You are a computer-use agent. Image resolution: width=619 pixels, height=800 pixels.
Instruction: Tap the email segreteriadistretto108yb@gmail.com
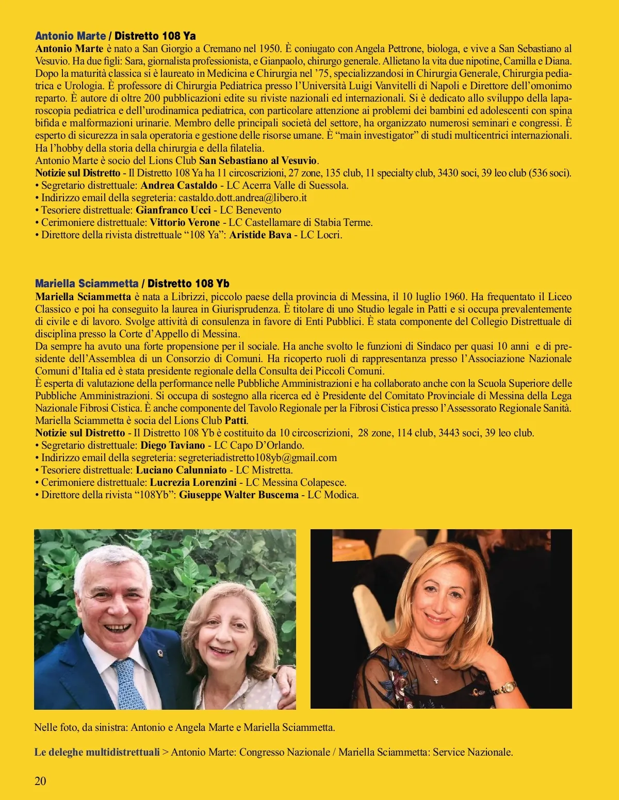[257, 458]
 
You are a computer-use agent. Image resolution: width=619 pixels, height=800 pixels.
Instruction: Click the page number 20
[40, 781]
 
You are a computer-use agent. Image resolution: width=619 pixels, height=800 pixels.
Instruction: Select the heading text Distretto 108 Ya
[155, 36]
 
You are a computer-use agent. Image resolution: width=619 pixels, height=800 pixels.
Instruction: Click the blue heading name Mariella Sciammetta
[87, 283]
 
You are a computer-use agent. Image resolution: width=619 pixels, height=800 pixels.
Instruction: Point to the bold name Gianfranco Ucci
[173, 210]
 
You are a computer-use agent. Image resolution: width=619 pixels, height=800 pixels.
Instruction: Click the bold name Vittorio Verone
[185, 222]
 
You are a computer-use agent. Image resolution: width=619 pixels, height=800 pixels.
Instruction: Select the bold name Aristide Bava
[260, 235]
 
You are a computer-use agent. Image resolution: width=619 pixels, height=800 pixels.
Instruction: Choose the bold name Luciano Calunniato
[181, 470]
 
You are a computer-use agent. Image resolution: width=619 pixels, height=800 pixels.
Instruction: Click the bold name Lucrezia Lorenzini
[193, 482]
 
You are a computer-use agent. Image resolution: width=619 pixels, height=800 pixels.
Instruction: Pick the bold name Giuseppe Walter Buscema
[239, 495]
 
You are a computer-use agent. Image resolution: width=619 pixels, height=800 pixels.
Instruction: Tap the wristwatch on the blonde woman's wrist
[508, 688]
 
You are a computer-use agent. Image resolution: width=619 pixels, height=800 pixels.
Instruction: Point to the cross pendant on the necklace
[436, 679]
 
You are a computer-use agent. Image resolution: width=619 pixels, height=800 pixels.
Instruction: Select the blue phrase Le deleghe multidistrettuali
[97, 752]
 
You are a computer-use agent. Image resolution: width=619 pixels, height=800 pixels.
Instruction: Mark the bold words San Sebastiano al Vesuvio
[258, 160]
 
